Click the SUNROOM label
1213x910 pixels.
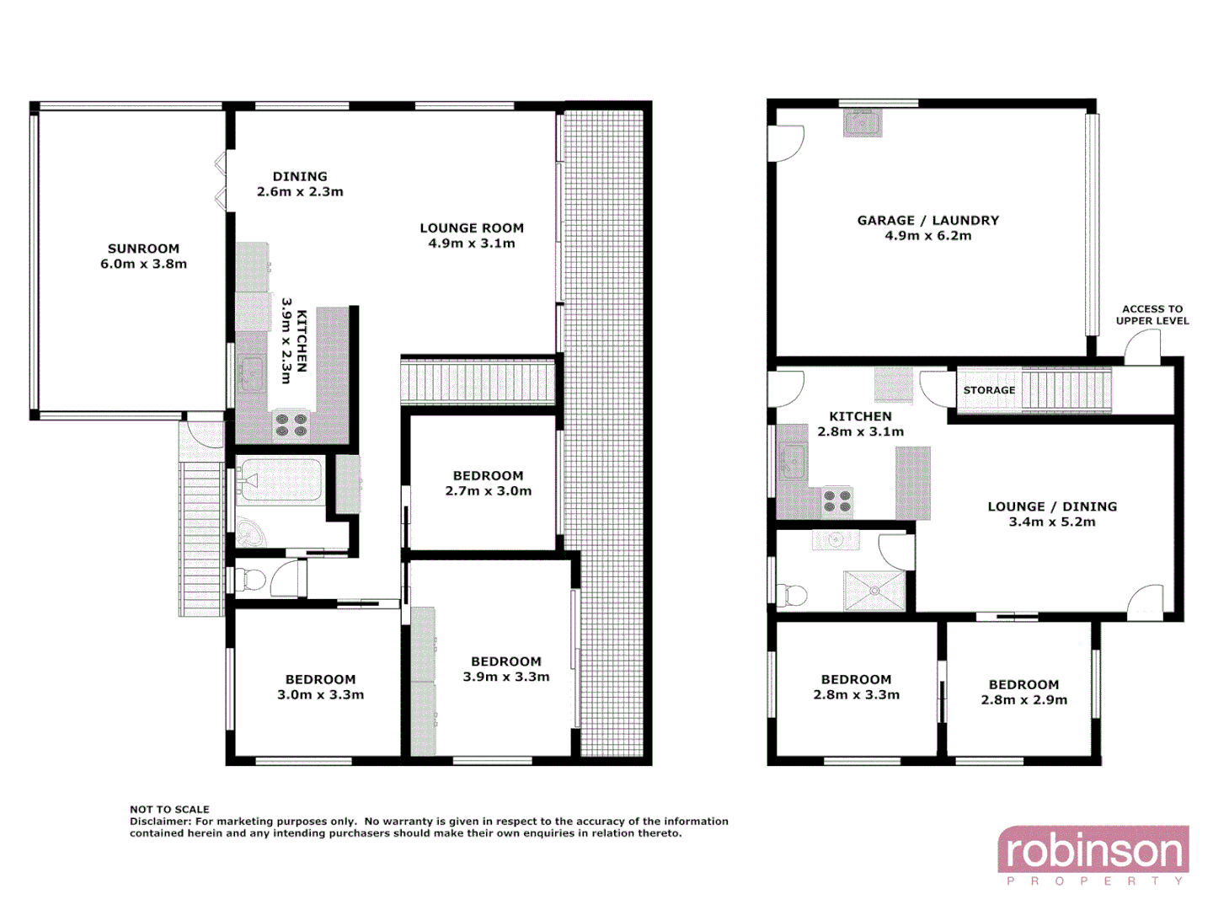pyautogui.click(x=143, y=249)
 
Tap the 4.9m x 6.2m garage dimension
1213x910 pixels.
pyautogui.click(x=927, y=236)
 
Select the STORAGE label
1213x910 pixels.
pyautogui.click(x=989, y=390)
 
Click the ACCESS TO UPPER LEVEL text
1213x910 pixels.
pyautogui.click(x=1152, y=315)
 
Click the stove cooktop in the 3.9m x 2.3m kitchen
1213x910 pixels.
pyautogui.click(x=291, y=425)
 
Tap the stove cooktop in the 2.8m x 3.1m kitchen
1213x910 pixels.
pyautogui.click(x=836, y=501)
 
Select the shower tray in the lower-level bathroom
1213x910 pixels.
pyautogui.click(x=874, y=590)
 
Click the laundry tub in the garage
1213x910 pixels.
pyautogui.click(x=862, y=123)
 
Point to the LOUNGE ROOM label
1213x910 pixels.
pyautogui.click(x=472, y=228)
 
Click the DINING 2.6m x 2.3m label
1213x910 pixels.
pyautogui.click(x=300, y=184)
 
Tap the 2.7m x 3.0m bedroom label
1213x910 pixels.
pyautogui.click(x=488, y=484)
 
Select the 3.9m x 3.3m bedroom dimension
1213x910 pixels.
pyautogui.click(x=506, y=677)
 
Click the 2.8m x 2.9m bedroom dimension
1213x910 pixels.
pyautogui.click(x=1023, y=700)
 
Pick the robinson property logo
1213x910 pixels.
pyautogui.click(x=1093, y=854)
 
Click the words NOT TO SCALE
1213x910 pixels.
pyautogui.click(x=169, y=809)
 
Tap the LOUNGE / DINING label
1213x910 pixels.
pyautogui.click(x=1052, y=506)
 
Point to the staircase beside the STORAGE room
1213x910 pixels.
pyautogui.click(x=1066, y=391)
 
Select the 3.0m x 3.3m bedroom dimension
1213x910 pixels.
pyautogui.click(x=320, y=695)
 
